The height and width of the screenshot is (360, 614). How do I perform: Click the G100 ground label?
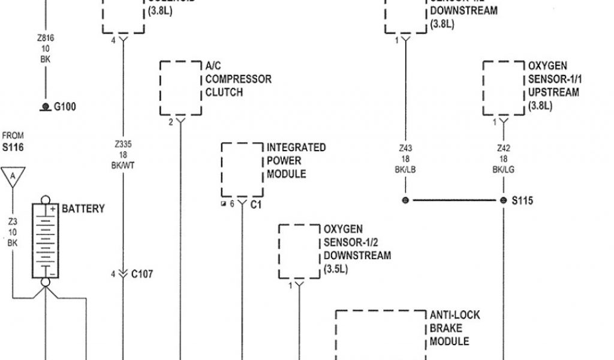tap(65, 107)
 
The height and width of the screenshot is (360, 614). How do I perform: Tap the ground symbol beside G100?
tap(45, 107)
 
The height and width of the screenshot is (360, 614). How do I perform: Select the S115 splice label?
tap(522, 200)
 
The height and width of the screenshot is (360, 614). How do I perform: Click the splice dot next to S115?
tap(503, 200)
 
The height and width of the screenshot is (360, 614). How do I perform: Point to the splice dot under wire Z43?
tap(405, 200)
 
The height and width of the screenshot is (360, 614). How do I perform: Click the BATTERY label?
tap(83, 209)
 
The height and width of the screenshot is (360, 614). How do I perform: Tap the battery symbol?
tap(45, 240)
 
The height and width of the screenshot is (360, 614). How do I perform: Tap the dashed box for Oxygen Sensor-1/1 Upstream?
tap(503, 88)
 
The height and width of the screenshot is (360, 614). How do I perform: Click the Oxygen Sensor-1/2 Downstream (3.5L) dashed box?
tap(299, 251)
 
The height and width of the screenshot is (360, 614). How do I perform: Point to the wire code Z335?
tap(123, 144)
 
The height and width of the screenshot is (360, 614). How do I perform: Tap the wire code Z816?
tap(46, 38)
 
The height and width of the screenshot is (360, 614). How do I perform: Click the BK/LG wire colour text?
tap(503, 170)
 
